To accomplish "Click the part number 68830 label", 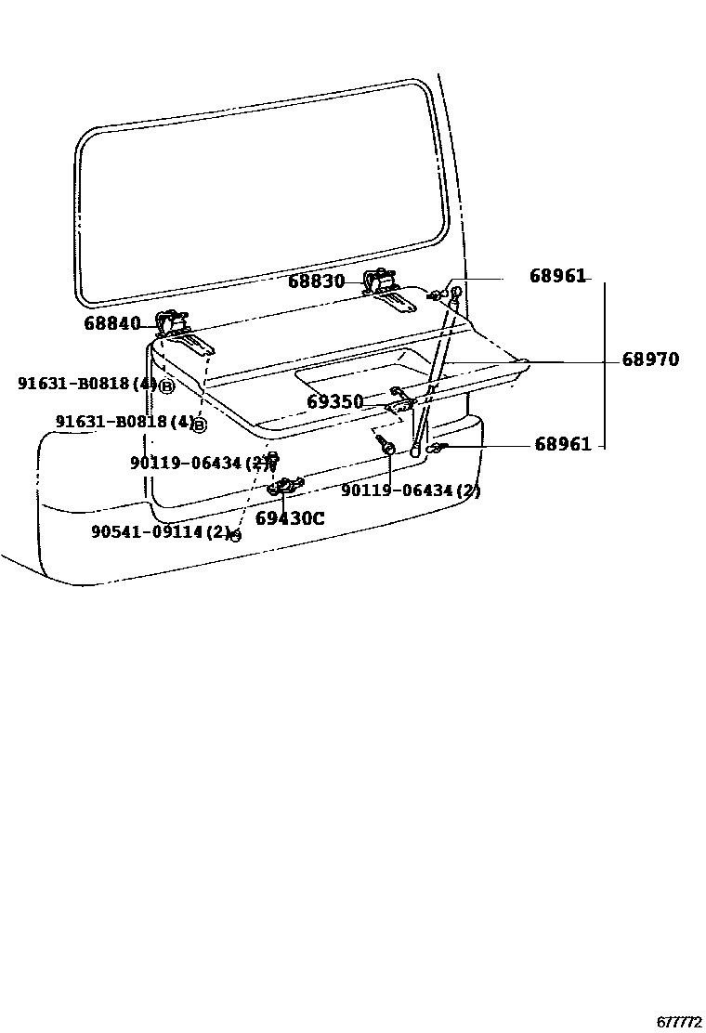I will coord(316,281).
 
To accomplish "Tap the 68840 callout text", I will coord(111,323).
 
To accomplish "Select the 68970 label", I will coord(650,360).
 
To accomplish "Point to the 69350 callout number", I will coord(334,402).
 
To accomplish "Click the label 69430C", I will coord(290,518).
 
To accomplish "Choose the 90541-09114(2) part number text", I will coord(160,532).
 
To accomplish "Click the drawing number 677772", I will coord(679,1022).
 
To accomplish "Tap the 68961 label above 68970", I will coord(558,276).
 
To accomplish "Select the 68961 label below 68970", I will coord(563,445).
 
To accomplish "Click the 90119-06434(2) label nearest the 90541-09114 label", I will coord(199,463).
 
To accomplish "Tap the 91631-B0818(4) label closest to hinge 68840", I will coord(87,384).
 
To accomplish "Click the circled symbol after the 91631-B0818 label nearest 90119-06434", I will coord(199,425).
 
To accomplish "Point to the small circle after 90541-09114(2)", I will coord(235,536).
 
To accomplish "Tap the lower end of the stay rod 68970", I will coord(415,451).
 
